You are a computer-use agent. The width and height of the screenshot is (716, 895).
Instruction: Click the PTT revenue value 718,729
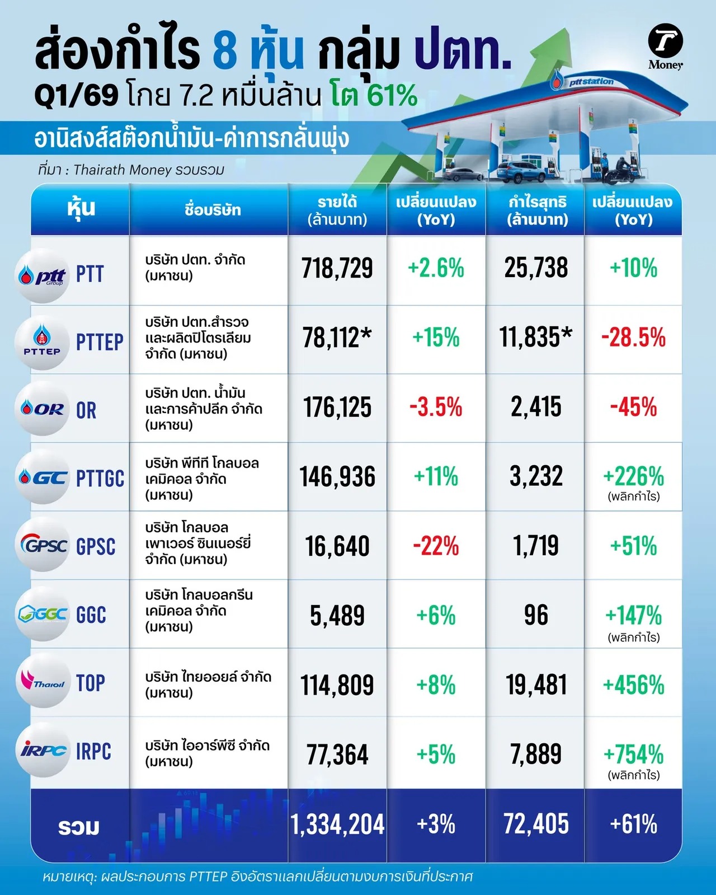[x=337, y=268]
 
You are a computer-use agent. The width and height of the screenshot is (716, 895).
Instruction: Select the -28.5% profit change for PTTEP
[x=633, y=338]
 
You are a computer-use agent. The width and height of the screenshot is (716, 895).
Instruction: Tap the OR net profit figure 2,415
[x=536, y=407]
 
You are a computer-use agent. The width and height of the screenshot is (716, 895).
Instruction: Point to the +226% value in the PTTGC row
[x=633, y=477]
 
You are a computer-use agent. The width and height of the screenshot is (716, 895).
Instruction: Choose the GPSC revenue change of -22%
[x=436, y=546]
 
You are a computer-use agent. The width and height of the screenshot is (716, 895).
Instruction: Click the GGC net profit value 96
[x=536, y=615]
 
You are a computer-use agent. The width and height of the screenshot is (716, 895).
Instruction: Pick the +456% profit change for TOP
[x=633, y=685]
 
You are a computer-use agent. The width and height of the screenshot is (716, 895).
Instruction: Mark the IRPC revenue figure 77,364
[x=337, y=755]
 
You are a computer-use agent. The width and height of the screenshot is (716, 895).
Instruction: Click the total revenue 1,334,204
[x=337, y=824]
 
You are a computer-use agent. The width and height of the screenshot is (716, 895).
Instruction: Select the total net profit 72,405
[x=536, y=824]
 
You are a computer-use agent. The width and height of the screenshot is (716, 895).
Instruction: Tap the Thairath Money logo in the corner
[x=665, y=46]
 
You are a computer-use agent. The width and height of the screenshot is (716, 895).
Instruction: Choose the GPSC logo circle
[x=43, y=545]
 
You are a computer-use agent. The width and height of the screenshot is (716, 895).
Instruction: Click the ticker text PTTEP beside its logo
[x=100, y=343]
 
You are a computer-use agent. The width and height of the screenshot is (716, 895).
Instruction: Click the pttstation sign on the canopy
[x=591, y=82]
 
